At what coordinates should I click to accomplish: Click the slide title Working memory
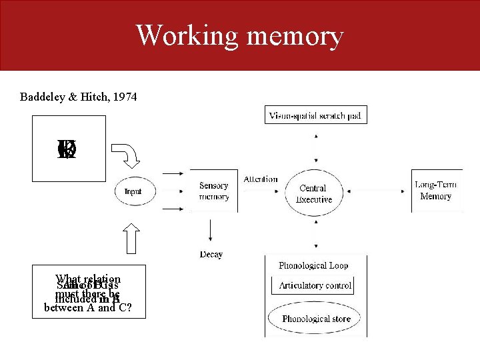239,35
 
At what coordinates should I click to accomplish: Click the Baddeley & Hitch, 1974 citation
79,97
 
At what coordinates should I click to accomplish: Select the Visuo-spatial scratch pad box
315,115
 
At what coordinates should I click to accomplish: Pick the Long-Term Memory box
436,191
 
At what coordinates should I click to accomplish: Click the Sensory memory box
213,191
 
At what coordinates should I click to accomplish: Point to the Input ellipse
133,191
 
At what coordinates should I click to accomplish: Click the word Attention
261,179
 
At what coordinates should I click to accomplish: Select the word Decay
211,254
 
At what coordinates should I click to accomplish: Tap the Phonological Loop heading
313,265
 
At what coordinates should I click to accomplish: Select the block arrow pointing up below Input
131,239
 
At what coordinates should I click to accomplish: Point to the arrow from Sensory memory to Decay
211,231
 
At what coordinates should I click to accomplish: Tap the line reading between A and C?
89,308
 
